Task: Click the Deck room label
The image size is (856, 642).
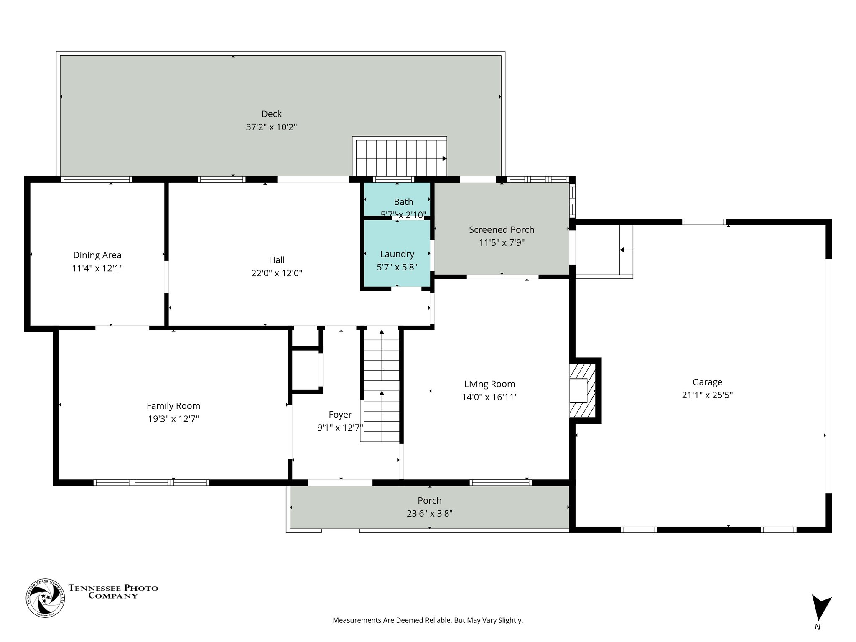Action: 271,114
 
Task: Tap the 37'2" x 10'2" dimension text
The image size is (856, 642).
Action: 271,127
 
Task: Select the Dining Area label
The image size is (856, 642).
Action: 97,255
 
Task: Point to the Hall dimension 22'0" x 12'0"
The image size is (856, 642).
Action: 276,273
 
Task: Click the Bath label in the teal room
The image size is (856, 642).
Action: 403,202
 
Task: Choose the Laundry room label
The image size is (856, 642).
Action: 397,254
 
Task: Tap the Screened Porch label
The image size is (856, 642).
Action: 501,229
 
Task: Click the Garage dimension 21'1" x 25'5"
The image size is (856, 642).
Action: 707,395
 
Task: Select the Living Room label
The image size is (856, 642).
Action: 489,384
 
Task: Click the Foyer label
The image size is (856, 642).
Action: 340,415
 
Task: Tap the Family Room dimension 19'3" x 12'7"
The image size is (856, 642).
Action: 173,419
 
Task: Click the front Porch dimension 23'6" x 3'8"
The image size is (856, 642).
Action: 429,513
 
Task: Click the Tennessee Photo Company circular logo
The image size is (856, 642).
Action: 45,599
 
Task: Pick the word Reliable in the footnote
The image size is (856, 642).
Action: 438,620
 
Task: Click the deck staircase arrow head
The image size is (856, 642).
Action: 444,158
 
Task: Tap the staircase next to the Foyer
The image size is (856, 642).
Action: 382,385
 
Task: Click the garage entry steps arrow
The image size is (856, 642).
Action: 622,250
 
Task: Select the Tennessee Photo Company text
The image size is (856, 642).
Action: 113,591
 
